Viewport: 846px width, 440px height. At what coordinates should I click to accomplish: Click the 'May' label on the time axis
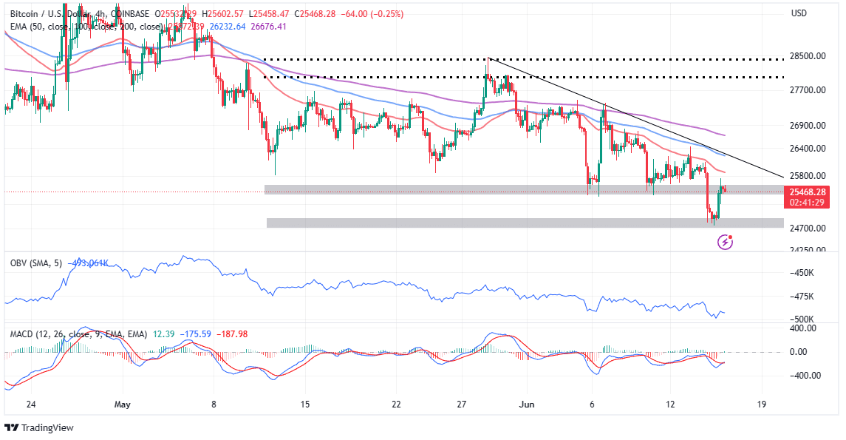(123, 405)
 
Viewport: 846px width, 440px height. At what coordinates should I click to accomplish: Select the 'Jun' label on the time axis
(526, 405)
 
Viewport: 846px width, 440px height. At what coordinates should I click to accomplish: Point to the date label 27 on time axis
(462, 405)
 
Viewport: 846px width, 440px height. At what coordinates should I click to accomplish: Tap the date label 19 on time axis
(762, 405)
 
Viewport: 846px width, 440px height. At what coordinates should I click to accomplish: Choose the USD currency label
(798, 13)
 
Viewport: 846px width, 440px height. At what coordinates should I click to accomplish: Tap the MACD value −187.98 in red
(230, 334)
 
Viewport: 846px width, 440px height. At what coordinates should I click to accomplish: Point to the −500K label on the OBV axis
(803, 319)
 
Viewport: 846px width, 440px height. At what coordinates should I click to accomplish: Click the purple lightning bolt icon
(726, 242)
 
